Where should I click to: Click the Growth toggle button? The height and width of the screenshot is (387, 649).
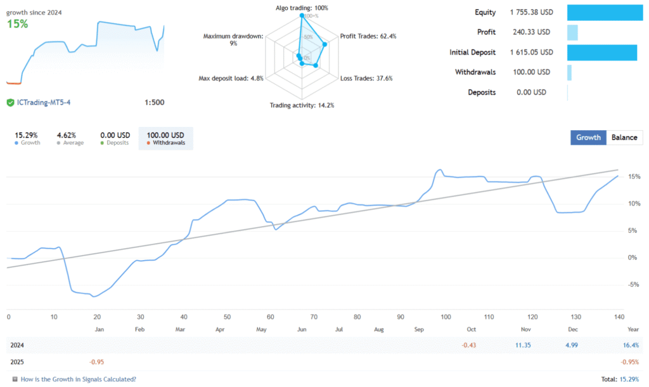(588, 138)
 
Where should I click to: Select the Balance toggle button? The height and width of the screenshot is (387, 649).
(624, 138)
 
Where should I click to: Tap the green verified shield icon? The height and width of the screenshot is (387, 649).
(10, 103)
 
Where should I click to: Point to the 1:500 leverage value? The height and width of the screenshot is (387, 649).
(154, 103)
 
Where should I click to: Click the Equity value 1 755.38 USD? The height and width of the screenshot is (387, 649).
(531, 12)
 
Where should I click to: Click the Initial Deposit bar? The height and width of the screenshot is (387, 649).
(601, 53)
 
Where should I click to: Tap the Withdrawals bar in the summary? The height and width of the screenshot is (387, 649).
(569, 72)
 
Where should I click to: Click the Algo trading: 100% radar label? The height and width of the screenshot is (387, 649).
(301, 8)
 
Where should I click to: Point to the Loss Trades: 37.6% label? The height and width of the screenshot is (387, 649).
(366, 79)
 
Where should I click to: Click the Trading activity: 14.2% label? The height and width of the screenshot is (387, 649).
(302, 105)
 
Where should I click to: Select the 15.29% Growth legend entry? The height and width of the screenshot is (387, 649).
(27, 138)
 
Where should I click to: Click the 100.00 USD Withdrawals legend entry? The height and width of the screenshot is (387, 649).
(165, 138)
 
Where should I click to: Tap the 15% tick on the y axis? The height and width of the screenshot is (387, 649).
(634, 177)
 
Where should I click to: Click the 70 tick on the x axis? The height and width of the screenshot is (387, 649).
(313, 317)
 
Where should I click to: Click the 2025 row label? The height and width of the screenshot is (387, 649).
(18, 362)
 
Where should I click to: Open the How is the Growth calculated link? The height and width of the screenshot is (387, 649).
(78, 379)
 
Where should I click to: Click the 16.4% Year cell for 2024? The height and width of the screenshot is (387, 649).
(631, 344)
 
